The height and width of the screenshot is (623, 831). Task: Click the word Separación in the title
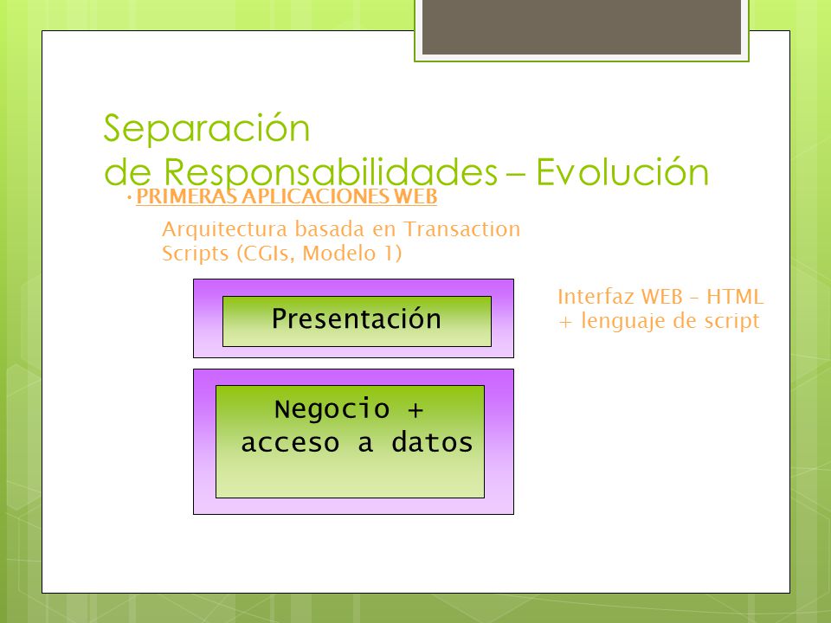[x=207, y=128]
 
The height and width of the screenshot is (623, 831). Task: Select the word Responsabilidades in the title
[x=330, y=171]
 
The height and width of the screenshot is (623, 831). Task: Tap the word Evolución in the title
[x=622, y=171]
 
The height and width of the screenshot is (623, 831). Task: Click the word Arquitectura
[x=226, y=229]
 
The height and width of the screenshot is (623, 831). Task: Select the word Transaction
[x=462, y=228]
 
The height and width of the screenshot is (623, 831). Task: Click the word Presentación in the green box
[x=356, y=319]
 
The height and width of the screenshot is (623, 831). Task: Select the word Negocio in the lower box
[x=332, y=409]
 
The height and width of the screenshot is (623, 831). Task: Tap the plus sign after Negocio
[x=415, y=409]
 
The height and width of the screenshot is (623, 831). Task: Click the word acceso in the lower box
[x=290, y=443]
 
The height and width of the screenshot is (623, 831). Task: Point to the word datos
[x=432, y=442]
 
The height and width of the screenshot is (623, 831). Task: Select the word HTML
[x=735, y=297]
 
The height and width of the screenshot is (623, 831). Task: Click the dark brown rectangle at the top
[x=582, y=27]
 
